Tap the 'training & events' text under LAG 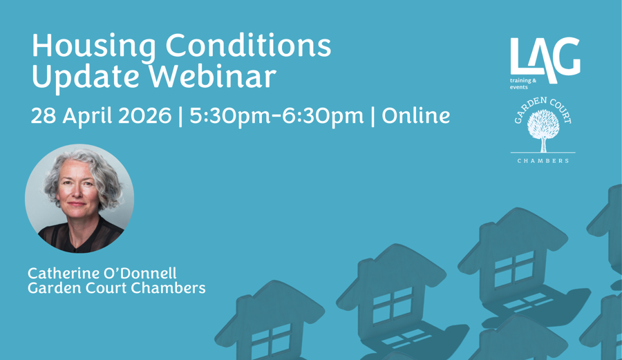pos(522,84)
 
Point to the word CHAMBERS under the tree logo pos(543,161)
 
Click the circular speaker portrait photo pos(79,198)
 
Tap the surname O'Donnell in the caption pos(142,274)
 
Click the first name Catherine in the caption pos(63,274)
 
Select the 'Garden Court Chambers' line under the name pos(116,288)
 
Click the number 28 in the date pos(43,115)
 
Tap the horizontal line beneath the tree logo pos(543,153)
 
